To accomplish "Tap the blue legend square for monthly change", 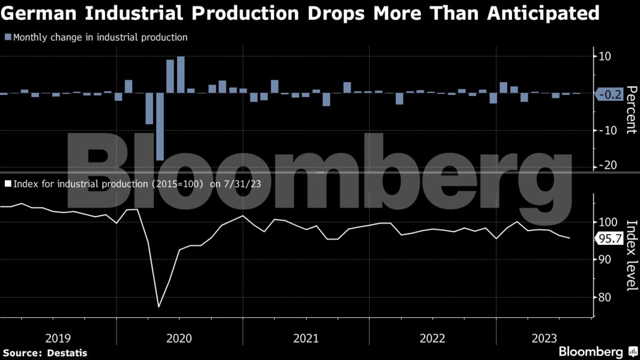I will tap(8, 37).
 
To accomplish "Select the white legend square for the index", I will tap(8, 184).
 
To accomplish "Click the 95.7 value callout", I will tap(609, 239).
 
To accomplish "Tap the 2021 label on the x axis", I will tap(306, 338).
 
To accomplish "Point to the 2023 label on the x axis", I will tap(543, 338).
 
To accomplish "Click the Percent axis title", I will tap(631, 110).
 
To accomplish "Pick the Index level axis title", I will tap(631, 256).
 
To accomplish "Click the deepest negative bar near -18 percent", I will tap(160, 127).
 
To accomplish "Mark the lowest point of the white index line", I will tap(159, 307).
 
